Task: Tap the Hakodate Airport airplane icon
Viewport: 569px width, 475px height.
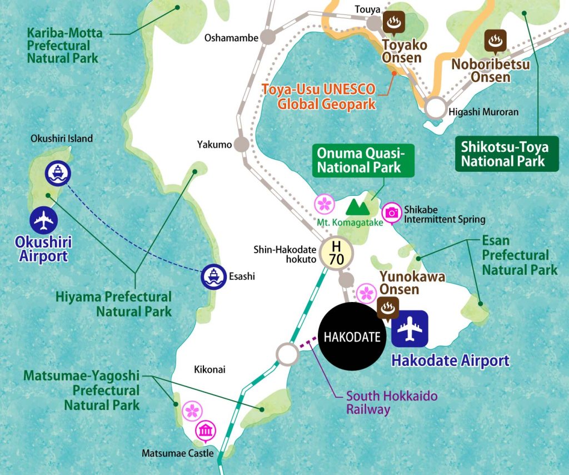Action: click(410, 328)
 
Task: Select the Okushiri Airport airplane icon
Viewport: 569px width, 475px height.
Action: click(44, 221)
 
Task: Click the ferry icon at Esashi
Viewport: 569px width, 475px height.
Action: click(213, 276)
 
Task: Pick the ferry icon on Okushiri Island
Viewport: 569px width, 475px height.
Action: click(58, 174)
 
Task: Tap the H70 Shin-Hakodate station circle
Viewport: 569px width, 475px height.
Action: click(337, 253)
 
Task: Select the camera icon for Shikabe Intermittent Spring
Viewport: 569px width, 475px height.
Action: click(392, 212)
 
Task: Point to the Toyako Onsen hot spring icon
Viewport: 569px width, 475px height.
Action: click(394, 23)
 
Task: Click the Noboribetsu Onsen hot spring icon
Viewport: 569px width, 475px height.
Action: click(494, 41)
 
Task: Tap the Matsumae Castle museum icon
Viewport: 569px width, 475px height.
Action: click(206, 431)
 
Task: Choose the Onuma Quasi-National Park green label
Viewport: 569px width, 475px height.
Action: click(358, 160)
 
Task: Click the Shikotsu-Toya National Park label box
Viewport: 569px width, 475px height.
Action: click(504, 154)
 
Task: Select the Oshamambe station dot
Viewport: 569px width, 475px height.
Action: click(268, 37)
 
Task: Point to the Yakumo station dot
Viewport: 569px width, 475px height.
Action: click(241, 144)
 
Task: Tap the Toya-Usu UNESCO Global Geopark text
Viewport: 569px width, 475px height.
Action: click(319, 96)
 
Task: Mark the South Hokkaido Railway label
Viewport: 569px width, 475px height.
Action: click(392, 403)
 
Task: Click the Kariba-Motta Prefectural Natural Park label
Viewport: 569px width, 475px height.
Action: click(64, 45)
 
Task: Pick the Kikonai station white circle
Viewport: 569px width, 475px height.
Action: click(287, 353)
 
